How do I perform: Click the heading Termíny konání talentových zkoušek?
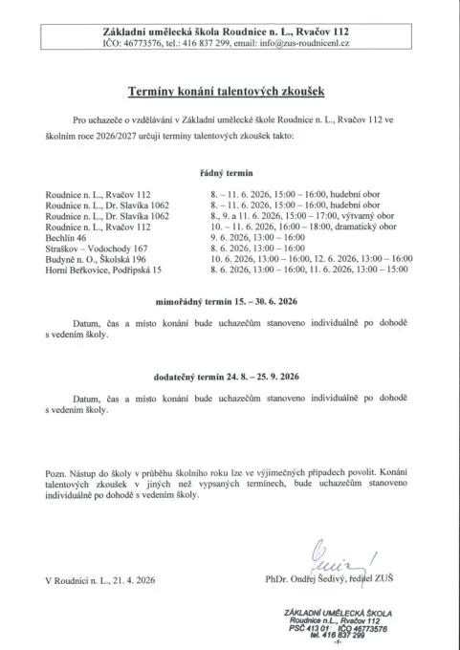pyautogui.click(x=230, y=93)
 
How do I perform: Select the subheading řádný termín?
pyautogui.click(x=230, y=173)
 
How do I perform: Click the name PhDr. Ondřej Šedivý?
pyautogui.click(x=312, y=579)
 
